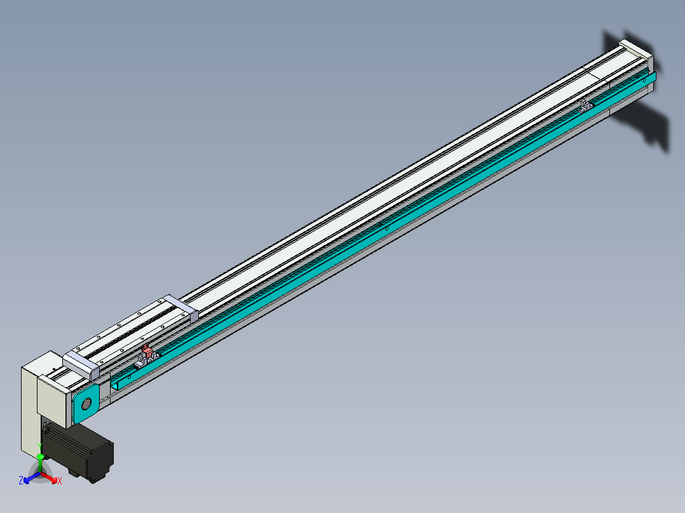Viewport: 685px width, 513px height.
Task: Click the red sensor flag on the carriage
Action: [x=147, y=351]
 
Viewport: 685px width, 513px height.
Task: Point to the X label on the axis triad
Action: [x=60, y=481]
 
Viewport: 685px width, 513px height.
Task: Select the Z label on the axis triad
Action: [x=21, y=481]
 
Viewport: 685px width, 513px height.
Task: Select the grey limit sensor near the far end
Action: [x=585, y=103]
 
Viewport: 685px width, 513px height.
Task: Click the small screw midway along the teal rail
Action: [x=387, y=227]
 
